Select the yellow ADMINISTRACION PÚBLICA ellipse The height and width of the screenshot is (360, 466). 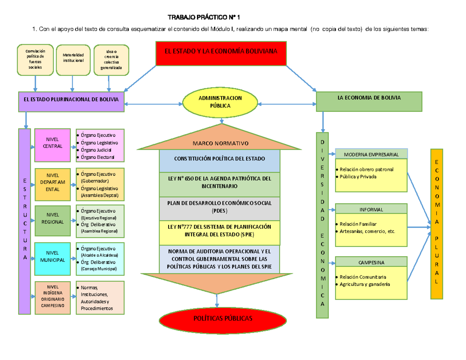tap(220, 102)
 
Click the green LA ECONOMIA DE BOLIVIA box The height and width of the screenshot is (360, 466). tap(369, 102)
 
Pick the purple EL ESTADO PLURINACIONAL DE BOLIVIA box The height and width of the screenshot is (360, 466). tap(71, 102)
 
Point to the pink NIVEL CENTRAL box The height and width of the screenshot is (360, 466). tap(52, 145)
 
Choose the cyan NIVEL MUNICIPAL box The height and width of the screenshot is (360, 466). tap(52, 257)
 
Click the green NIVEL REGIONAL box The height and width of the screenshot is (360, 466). tap(52, 221)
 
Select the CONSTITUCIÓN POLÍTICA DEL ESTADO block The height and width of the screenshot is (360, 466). tap(219, 159)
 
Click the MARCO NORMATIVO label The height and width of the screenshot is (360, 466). tap(220, 144)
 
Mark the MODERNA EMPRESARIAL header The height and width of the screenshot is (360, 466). tap(371, 154)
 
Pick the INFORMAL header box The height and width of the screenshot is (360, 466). tap(371, 209)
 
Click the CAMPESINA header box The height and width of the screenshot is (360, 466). tap(371, 262)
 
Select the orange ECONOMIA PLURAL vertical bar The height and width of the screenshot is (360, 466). tap(437, 223)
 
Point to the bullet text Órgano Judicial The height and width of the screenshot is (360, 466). tap(96, 150)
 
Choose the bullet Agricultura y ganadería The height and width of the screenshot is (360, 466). tap(364, 284)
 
